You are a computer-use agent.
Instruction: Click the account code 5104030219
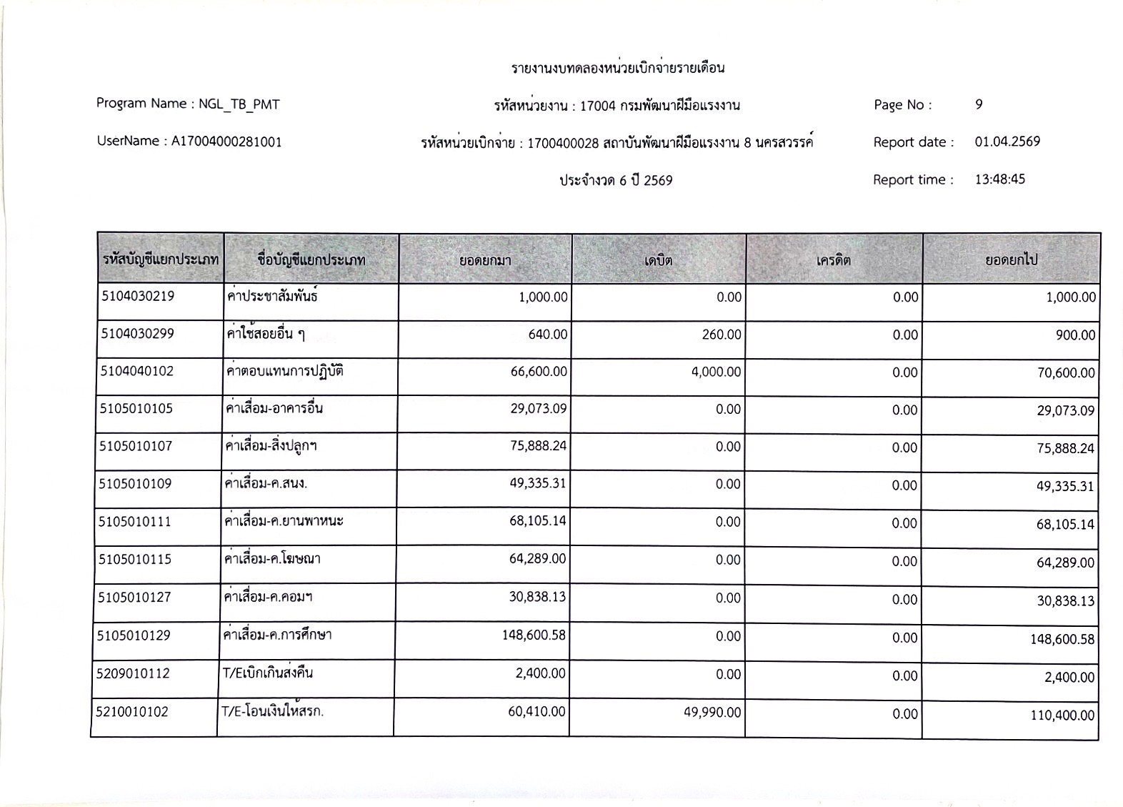pyautogui.click(x=137, y=296)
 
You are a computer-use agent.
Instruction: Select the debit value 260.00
pyautogui.click(x=721, y=335)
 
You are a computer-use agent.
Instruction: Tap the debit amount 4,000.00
pyautogui.click(x=716, y=372)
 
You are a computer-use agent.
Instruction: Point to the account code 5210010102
pyautogui.click(x=133, y=711)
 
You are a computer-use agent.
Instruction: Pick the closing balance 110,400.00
pyautogui.click(x=1062, y=715)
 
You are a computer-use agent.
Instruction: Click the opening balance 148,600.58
pyautogui.click(x=534, y=635)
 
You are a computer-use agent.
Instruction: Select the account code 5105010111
pyautogui.click(x=135, y=522)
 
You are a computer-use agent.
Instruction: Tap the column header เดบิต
pyautogui.click(x=658, y=260)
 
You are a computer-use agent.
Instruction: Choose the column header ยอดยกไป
pyautogui.click(x=1011, y=260)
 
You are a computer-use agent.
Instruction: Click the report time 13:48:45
pyautogui.click(x=999, y=179)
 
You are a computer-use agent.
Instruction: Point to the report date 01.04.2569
pyautogui.click(x=1007, y=142)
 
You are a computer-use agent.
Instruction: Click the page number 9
pyautogui.click(x=979, y=104)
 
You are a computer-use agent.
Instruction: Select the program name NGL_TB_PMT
pyautogui.click(x=239, y=104)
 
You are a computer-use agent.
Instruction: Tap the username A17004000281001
pyautogui.click(x=226, y=142)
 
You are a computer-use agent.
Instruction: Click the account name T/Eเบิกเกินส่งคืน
pyautogui.click(x=267, y=673)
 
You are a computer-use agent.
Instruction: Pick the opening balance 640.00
pyautogui.click(x=548, y=335)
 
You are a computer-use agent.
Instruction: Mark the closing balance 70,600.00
pyautogui.click(x=1066, y=372)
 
